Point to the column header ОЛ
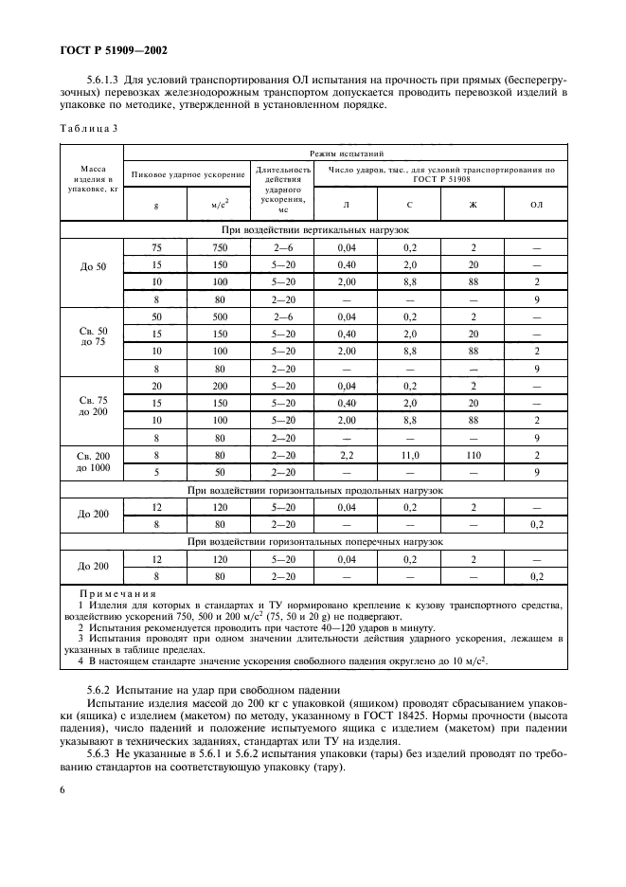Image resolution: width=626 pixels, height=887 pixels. pyautogui.click(x=536, y=204)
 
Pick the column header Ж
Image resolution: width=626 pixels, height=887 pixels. pyautogui.click(x=473, y=204)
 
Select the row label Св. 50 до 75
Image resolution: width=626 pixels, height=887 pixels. pyautogui.click(x=93, y=335)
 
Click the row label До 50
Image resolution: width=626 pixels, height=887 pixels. pyautogui.click(x=93, y=266)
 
